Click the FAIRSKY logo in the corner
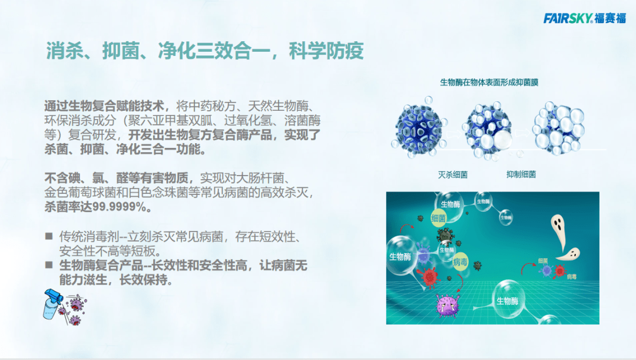pyautogui.click(x=584, y=18)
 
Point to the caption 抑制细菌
pyautogui.click(x=521, y=175)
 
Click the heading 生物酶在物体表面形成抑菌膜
pyautogui.click(x=489, y=82)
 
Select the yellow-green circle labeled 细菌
pyautogui.click(x=439, y=217)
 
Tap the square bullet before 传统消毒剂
pyautogui.click(x=49, y=236)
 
